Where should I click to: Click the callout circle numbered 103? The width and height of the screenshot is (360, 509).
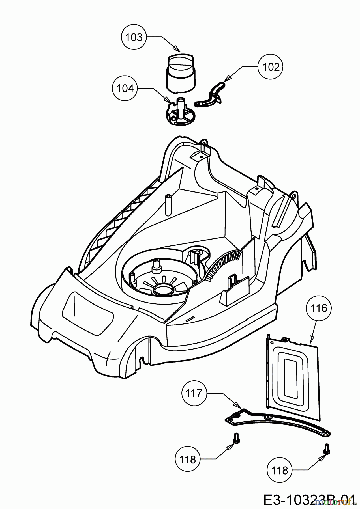tap(134, 37)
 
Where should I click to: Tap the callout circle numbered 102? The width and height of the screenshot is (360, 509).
tap(271, 67)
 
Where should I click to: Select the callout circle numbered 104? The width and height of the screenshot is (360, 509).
tap(125, 89)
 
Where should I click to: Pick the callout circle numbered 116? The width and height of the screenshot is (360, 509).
tap(319, 308)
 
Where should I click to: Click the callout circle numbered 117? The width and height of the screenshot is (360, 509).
tap(194, 393)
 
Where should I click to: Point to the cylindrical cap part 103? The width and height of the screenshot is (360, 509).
tap(181, 73)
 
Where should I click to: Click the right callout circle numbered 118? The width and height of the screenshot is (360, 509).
tap(279, 471)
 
